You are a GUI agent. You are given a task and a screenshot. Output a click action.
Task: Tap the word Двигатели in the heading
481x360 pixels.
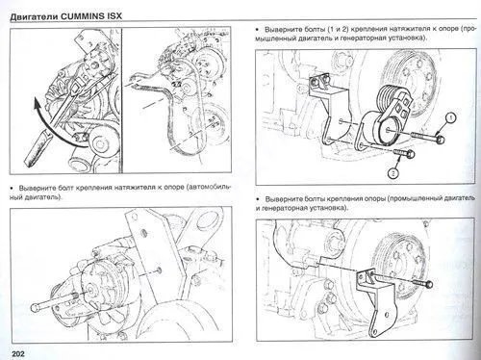point(38,11)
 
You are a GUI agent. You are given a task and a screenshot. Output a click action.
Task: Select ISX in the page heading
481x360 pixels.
point(143,11)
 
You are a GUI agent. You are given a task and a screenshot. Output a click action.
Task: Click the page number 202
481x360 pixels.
point(13,350)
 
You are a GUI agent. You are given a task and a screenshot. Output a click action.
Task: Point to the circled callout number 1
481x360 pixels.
point(449,118)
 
